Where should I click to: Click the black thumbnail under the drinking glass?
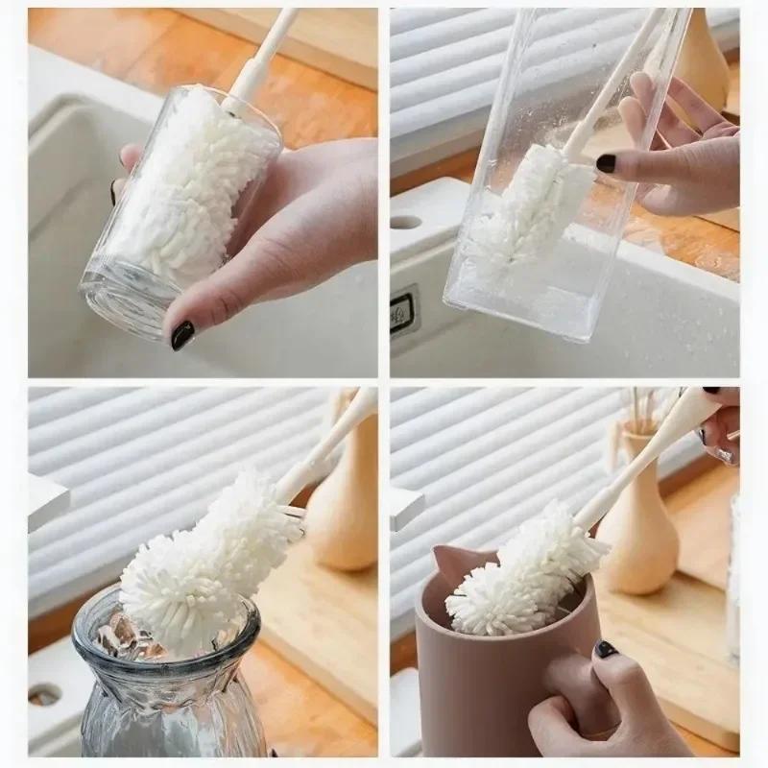(182, 334)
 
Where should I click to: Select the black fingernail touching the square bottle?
(606, 163)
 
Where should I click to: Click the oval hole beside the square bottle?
(407, 222)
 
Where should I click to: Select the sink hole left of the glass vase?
(45, 693)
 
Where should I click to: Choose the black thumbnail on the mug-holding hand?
(606, 650)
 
